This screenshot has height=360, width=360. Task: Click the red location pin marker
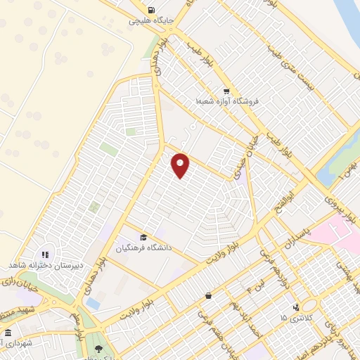pyautogui.click(x=181, y=165)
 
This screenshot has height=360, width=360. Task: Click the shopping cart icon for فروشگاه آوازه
pyautogui.click(x=226, y=91)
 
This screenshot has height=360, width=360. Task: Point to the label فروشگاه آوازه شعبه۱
pyautogui.click(x=227, y=102)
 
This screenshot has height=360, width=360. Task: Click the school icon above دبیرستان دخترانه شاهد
pyautogui.click(x=46, y=254)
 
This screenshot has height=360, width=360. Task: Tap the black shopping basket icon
pyautogui.click(x=208, y=296)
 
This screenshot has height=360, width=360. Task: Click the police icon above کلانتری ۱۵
pyautogui.click(x=296, y=307)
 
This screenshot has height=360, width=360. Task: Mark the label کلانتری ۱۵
pyautogui.click(x=293, y=319)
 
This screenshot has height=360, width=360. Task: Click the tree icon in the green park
pyautogui.click(x=98, y=349)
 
